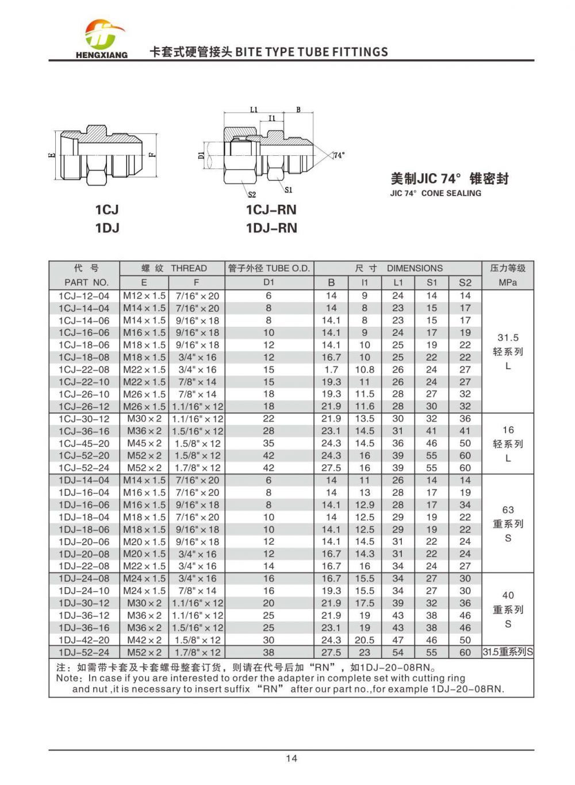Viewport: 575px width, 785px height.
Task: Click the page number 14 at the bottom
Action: [x=292, y=758]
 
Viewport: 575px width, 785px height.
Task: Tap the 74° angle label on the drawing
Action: [x=339, y=155]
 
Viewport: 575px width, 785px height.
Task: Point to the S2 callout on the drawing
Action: [x=252, y=194]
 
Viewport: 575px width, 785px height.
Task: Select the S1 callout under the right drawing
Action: [x=288, y=190]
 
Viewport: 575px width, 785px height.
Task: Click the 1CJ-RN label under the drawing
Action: [x=271, y=210]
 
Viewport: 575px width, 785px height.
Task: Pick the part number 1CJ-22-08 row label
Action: [x=84, y=370]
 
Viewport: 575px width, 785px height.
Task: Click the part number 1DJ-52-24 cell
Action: [x=84, y=653]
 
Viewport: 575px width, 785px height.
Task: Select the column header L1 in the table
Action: [x=398, y=282]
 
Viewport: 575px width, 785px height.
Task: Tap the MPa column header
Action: [x=508, y=282]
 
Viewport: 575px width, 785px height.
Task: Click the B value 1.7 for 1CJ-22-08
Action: [x=331, y=370]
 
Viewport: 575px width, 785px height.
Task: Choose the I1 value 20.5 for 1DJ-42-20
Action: [x=365, y=640]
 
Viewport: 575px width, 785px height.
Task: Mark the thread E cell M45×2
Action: [x=144, y=443]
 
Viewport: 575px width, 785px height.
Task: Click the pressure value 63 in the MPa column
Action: [x=508, y=510]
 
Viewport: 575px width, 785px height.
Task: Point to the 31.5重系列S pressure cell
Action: [x=508, y=652]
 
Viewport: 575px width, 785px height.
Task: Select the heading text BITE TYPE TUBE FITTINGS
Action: [x=312, y=52]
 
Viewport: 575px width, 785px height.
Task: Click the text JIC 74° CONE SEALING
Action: [x=435, y=193]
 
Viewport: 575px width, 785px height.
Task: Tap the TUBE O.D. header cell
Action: [x=269, y=269]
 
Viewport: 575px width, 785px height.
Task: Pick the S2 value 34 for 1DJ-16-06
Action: [x=465, y=505]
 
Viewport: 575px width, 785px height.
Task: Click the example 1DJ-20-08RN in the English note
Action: [x=467, y=689]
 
